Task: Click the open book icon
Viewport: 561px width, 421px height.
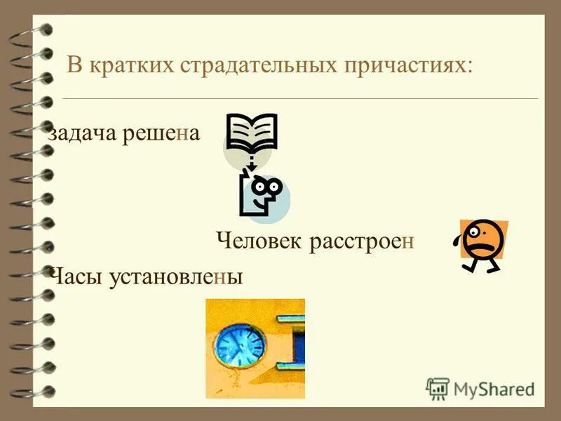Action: pyautogui.click(x=252, y=133)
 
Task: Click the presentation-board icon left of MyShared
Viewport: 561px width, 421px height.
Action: pyautogui.click(x=438, y=389)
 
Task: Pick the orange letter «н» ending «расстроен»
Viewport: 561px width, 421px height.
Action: pyautogui.click(x=410, y=242)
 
